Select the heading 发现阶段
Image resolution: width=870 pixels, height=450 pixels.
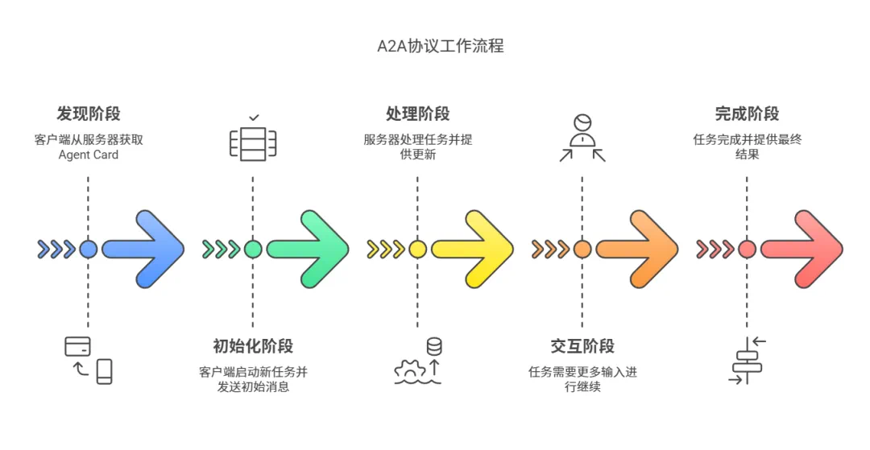click(88, 114)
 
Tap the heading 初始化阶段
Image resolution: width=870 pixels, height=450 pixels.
click(253, 346)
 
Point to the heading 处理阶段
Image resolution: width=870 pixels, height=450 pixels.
click(417, 114)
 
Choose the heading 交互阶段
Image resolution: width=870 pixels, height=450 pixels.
click(582, 346)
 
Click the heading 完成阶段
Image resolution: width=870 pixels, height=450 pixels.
click(747, 114)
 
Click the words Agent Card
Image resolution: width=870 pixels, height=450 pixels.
click(88, 155)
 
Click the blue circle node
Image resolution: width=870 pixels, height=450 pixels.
click(89, 249)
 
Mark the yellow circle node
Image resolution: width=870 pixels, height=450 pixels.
click(417, 249)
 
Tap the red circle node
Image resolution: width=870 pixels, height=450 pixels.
click(747, 249)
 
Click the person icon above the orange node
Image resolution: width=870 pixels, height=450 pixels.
click(582, 137)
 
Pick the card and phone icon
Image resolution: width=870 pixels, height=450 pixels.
click(89, 359)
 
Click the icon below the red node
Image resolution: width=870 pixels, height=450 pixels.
click(747, 360)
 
